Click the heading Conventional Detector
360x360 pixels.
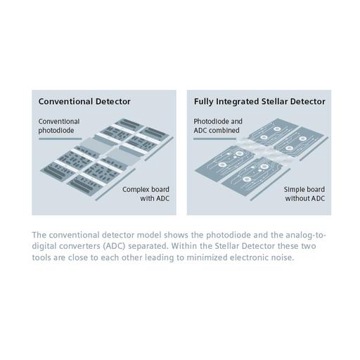(84, 101)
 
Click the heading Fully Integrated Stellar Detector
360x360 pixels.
(259, 101)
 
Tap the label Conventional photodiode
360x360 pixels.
(59, 126)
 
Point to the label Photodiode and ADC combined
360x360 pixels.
(218, 126)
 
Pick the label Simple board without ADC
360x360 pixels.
(304, 195)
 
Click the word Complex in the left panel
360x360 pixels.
(137, 190)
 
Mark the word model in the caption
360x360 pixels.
(144, 235)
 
